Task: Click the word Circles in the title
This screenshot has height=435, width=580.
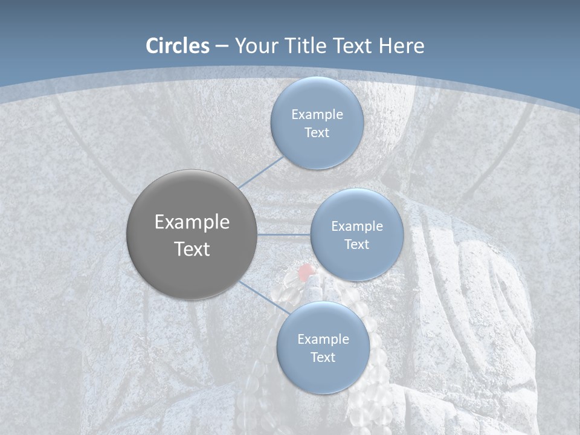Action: click(178, 46)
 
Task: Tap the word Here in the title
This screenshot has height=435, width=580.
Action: click(401, 46)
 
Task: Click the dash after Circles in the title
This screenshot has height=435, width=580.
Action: click(222, 47)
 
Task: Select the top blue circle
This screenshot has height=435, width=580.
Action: click(317, 91)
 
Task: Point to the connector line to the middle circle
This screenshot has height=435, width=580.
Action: click(284, 234)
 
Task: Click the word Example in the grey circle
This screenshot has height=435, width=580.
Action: click(192, 222)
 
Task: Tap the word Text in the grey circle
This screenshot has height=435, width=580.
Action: click(192, 249)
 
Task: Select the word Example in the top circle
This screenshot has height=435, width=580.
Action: click(317, 115)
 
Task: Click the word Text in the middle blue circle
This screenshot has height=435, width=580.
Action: click(356, 244)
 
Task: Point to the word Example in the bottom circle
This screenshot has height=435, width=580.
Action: click(323, 339)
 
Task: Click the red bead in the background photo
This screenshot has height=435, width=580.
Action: click(306, 269)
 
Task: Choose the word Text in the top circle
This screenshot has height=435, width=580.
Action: click(317, 132)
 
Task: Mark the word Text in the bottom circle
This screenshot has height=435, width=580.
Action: click(323, 357)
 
